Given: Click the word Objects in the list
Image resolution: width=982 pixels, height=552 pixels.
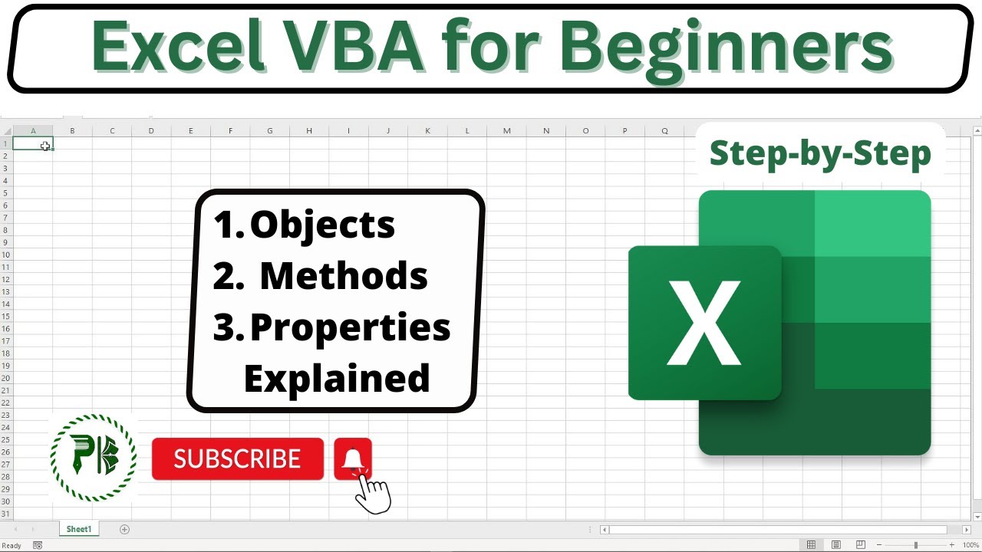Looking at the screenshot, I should point(322,225).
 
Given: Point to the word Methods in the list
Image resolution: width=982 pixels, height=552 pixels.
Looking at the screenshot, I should point(344,275).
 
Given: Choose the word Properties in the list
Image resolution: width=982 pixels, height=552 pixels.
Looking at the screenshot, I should point(350,327).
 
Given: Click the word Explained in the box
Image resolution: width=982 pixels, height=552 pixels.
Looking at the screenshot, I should point(337,378).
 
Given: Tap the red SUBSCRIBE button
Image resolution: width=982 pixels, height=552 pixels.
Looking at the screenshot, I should point(238,458).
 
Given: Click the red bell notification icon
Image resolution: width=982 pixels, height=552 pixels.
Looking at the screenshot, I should point(353,458).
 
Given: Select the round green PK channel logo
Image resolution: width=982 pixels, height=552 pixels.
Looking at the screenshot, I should point(93,458).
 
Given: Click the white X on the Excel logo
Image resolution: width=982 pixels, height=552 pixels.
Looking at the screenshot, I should point(704,323).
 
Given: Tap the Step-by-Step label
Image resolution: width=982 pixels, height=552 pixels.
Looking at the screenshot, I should point(820,153).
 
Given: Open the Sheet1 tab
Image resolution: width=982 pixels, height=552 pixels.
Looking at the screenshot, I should point(79,529).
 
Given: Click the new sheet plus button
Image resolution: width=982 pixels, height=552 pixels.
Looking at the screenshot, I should point(125,529).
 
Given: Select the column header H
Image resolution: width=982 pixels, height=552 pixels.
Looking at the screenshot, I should point(309,131).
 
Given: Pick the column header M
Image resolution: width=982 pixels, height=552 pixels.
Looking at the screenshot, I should point(506,131).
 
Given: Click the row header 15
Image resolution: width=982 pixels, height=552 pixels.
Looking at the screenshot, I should point(6,316).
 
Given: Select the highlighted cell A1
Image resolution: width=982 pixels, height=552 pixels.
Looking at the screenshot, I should point(33,143).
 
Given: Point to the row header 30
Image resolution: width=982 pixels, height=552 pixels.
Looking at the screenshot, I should point(6,501).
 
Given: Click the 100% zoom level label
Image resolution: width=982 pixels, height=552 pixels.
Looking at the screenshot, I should point(970,545).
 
